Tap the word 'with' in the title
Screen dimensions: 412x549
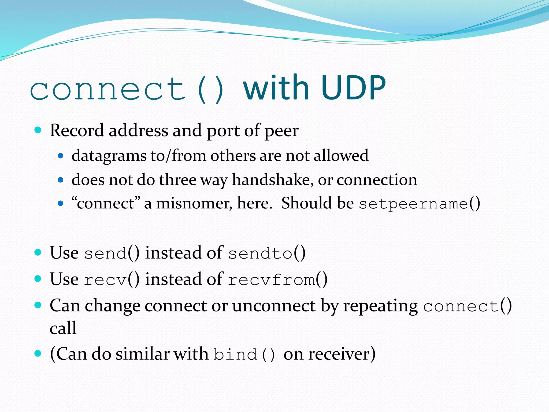click(x=276, y=88)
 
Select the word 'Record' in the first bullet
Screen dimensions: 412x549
click(x=77, y=131)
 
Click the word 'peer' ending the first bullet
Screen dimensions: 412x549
click(x=281, y=131)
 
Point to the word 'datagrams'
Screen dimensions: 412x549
click(x=109, y=156)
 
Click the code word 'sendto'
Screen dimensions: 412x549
click(x=260, y=253)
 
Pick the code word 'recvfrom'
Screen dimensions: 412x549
click(x=271, y=280)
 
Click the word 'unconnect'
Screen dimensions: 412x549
click(x=274, y=306)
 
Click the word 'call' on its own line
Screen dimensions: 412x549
click(x=63, y=328)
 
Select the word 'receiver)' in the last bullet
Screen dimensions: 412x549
click(x=342, y=354)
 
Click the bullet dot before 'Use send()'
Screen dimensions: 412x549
click(x=38, y=252)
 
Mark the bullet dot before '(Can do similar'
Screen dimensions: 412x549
click(x=38, y=353)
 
